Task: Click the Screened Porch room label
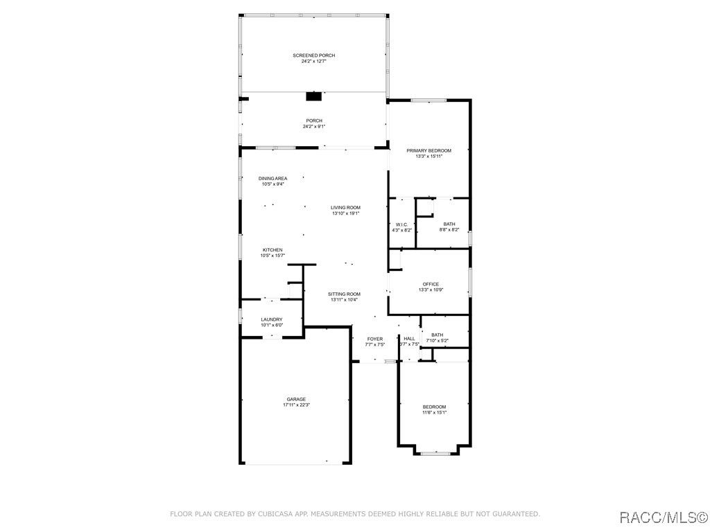click(x=314, y=55)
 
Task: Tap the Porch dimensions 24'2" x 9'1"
click(x=314, y=127)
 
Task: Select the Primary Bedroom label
click(x=428, y=150)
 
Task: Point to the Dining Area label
click(x=272, y=179)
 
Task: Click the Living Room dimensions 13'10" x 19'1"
click(x=345, y=213)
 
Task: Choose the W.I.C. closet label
click(x=401, y=224)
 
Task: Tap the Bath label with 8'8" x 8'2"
click(x=449, y=224)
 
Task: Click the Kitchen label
click(x=272, y=250)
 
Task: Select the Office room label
click(x=431, y=284)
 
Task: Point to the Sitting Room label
click(x=344, y=294)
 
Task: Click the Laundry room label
click(x=272, y=319)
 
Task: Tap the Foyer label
click(x=375, y=339)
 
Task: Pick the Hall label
click(x=409, y=338)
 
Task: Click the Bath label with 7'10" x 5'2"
click(x=438, y=335)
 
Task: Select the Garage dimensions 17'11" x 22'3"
click(x=296, y=405)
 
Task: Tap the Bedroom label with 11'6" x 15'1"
click(x=434, y=407)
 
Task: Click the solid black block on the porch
click(x=314, y=96)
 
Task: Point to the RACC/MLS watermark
click(x=663, y=517)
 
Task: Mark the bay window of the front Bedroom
click(x=435, y=453)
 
